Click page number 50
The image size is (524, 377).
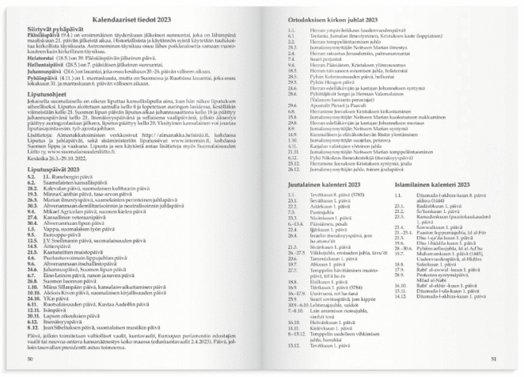coord(30,359)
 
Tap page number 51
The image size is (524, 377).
coord(494,359)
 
